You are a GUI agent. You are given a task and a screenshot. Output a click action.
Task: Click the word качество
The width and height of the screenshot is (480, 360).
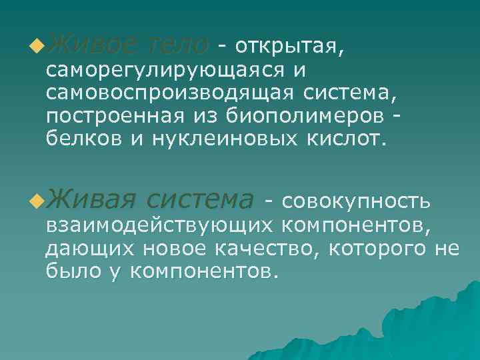coord(260,248)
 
